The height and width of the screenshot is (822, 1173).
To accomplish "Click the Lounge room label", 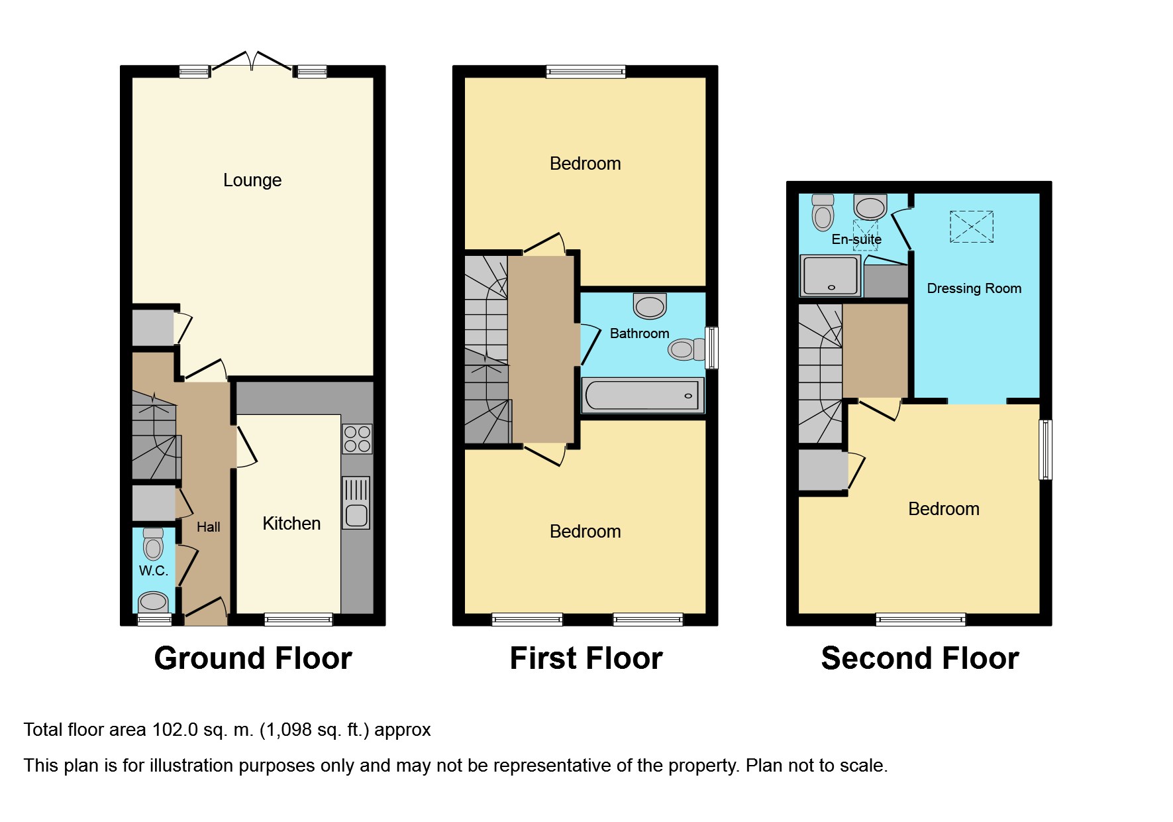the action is point(252,180).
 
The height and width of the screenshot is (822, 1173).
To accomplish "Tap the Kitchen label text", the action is point(291,524).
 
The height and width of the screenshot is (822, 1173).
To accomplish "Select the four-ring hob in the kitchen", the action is point(357,439).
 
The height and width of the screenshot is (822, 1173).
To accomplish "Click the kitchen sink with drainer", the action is point(356,503).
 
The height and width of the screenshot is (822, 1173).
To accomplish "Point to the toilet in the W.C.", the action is point(153,544).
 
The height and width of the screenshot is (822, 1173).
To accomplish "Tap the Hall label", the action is point(209,527).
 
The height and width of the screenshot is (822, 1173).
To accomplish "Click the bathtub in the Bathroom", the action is point(642,396).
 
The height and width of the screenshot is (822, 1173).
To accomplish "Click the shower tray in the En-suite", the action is point(831,276).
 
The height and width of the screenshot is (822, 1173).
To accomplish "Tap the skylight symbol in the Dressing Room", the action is point(972,227).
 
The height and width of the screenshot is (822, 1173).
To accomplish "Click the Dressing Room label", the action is point(974,288).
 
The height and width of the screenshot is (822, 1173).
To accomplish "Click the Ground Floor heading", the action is point(253,658).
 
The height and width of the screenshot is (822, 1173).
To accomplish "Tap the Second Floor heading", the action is point(920,658).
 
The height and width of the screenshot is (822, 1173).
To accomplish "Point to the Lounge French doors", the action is point(252,60).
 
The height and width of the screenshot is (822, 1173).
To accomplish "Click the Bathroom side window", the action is point(712,347).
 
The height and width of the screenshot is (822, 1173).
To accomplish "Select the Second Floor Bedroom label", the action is point(944,509).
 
